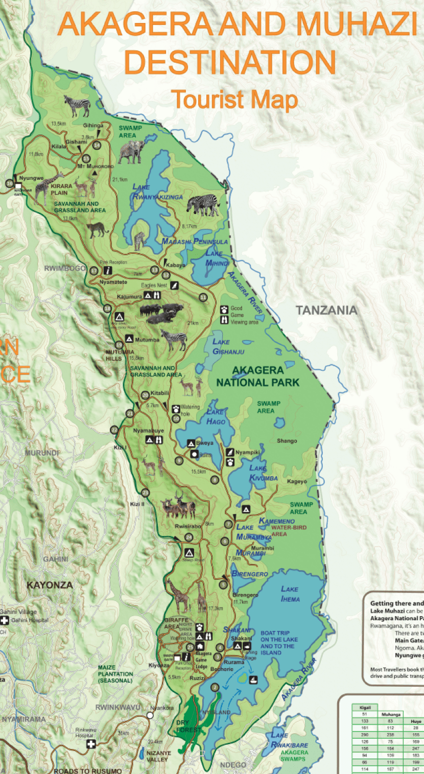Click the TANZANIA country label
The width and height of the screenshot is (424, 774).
(x=326, y=310)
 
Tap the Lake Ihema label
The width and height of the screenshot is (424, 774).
(x=290, y=594)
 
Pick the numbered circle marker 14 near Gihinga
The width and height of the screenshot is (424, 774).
(x=97, y=145)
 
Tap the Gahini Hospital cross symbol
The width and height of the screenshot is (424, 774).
(x=5, y=620)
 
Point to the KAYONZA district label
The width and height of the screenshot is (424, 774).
(x=50, y=585)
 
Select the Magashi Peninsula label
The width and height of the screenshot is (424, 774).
(x=194, y=241)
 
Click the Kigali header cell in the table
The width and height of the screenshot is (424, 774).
(x=365, y=708)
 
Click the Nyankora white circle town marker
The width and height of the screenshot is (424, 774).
(x=150, y=716)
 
